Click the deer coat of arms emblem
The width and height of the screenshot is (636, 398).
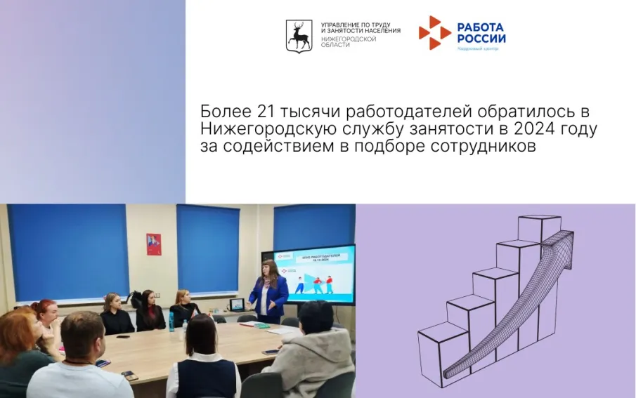point(299,35)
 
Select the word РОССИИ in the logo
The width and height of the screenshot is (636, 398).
point(481,39)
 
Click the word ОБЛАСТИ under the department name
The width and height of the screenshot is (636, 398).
point(335,45)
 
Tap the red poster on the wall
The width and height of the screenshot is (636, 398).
point(154,244)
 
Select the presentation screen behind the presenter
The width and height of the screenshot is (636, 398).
point(316,274)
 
